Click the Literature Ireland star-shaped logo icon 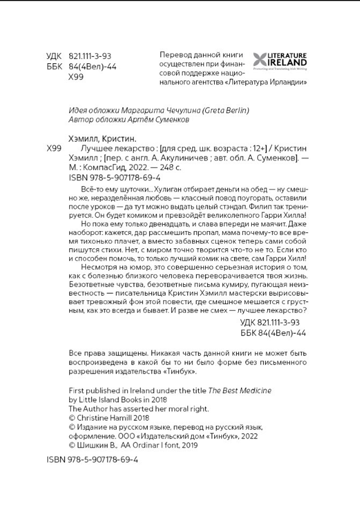tap(261, 60)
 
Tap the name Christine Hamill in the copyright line tap(106, 418)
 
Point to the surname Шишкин tap(95, 445)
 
